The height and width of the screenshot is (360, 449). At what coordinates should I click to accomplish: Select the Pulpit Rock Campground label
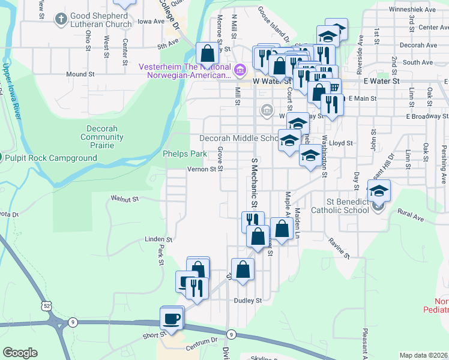[x=51, y=158]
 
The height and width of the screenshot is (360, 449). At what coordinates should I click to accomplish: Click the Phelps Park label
[x=185, y=154]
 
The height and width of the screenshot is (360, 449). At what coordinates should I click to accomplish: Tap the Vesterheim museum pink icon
[x=240, y=71]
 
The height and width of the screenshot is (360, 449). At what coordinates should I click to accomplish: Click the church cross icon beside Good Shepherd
[x=61, y=20]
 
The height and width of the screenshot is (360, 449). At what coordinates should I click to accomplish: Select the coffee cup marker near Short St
[x=172, y=317]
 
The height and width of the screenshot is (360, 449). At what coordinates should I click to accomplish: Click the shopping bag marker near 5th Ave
[x=207, y=52]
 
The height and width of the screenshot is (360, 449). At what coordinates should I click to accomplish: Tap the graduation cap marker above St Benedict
[x=378, y=191]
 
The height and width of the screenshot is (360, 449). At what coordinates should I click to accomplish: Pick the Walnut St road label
[x=125, y=198]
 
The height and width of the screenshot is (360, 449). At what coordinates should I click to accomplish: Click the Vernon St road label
[x=201, y=170]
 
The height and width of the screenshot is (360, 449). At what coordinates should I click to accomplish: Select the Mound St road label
[x=81, y=74]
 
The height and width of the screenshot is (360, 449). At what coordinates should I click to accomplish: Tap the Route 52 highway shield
[x=46, y=306]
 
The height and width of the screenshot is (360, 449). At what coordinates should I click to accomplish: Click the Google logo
[x=20, y=353]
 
